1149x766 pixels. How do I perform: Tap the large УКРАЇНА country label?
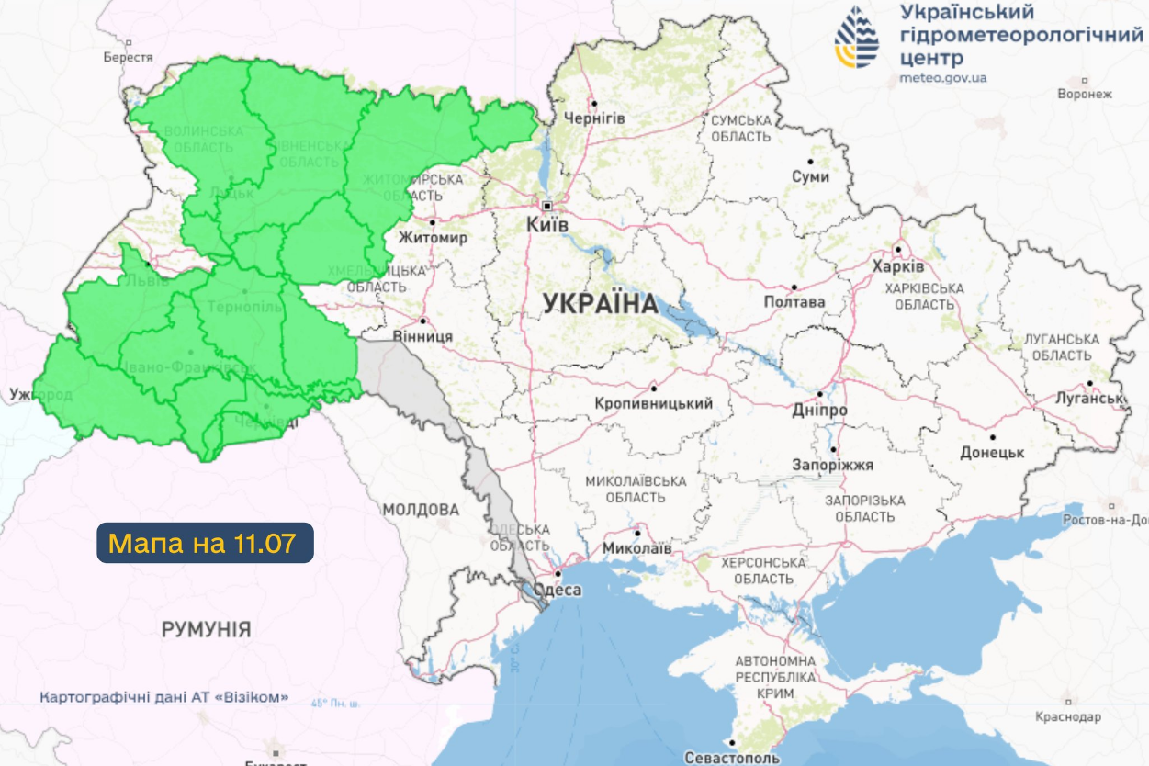(600, 304)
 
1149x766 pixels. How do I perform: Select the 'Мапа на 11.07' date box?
(205, 543)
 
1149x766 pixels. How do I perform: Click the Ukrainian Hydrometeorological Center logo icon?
(856, 38)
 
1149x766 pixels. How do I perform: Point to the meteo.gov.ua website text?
(943, 78)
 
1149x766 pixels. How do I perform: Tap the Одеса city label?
(557, 590)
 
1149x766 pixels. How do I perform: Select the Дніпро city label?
(820, 410)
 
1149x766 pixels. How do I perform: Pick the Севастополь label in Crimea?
(732, 758)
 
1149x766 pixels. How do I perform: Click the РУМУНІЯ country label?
(206, 629)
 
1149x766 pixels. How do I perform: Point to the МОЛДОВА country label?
(421, 509)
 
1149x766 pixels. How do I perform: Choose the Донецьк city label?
(992, 453)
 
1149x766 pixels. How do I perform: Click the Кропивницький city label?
(654, 403)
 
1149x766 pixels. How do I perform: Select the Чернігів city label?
(594, 119)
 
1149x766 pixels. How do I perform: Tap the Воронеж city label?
(1085, 94)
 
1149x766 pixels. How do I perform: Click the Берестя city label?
(128, 57)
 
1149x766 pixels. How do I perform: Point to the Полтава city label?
(794, 301)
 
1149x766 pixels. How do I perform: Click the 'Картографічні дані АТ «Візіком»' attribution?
(163, 697)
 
